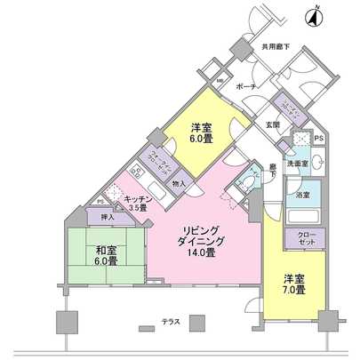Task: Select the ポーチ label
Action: (248, 86)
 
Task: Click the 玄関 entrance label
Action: (271, 125)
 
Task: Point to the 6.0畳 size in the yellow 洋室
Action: (200, 140)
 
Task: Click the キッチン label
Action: (135, 199)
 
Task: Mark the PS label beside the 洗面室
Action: (319, 140)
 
